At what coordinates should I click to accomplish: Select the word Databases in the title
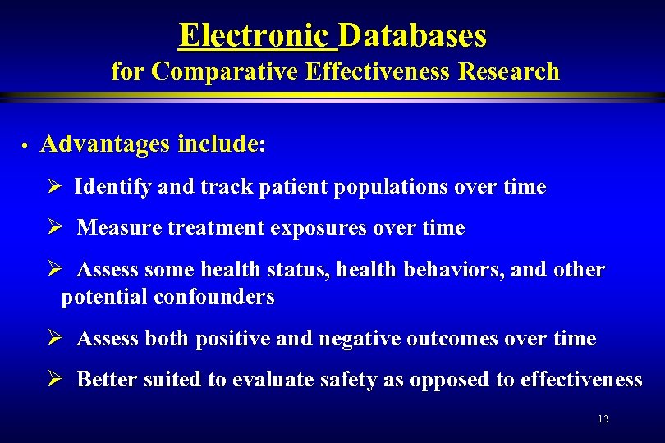pos(412,35)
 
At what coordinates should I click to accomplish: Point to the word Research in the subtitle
pos(508,72)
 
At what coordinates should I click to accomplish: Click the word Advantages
pos(104,144)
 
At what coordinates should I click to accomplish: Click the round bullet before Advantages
pos(26,146)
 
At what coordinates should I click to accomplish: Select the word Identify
pos(112,187)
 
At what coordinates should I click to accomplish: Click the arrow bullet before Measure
pos(56,227)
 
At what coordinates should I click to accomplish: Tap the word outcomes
pos(473,338)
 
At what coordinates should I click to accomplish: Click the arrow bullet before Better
pos(56,379)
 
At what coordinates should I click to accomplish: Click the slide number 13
pos(603,419)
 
